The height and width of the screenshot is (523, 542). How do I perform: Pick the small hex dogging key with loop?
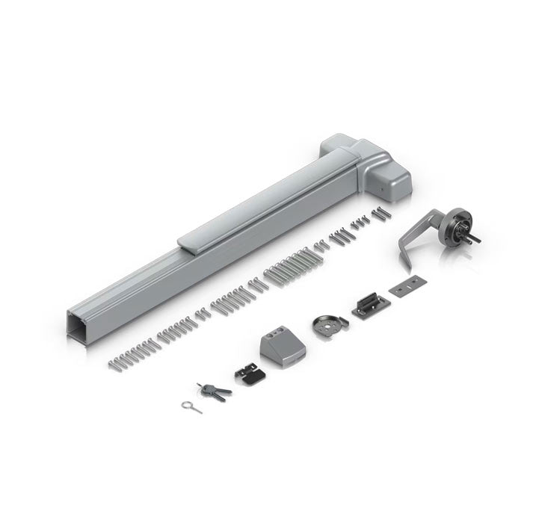191,404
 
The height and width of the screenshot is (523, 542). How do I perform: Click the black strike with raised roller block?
366,306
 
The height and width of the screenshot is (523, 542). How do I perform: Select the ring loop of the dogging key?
184,404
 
